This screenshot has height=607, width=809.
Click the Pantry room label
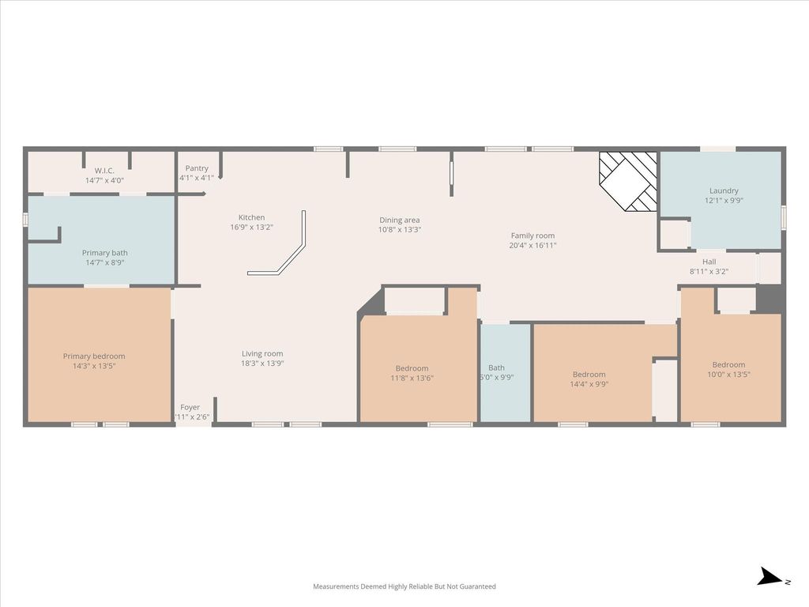click(197, 168)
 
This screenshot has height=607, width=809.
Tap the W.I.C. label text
click(104, 171)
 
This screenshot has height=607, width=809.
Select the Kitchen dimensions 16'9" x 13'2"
click(251, 227)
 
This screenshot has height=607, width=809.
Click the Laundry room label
click(724, 190)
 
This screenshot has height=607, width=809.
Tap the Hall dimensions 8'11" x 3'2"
click(709, 272)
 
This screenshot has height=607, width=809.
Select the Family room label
click(532, 236)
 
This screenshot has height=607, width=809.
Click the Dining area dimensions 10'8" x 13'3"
click(400, 230)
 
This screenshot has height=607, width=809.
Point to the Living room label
click(262, 353)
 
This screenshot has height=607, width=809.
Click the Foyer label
click(190, 407)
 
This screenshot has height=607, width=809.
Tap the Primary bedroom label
click(94, 356)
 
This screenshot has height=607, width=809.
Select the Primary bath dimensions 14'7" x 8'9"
click(105, 262)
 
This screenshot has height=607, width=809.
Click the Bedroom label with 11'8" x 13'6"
click(412, 368)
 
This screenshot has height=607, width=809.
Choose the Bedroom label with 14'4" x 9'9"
click(589, 374)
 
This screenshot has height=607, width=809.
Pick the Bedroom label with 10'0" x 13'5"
click(728, 364)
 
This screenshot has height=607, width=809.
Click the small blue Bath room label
click(496, 368)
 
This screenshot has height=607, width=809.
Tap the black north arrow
click(771, 576)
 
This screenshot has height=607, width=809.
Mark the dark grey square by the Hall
click(769, 298)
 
